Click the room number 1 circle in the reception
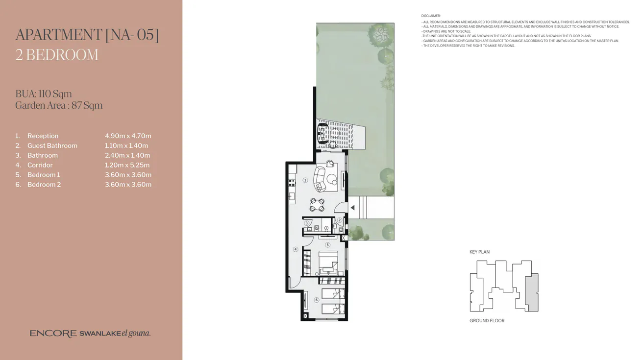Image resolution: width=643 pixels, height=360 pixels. (305, 180)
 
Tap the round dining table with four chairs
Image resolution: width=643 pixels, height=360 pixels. (317, 204)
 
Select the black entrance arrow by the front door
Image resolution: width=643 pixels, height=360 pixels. (352, 208)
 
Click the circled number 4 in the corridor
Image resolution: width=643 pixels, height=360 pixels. (296, 249)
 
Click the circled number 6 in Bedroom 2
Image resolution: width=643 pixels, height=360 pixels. (317, 300)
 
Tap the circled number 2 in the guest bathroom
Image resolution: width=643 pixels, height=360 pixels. (339, 220)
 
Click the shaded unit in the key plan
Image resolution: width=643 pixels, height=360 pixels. (531, 292)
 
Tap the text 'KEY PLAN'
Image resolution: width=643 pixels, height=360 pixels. (479, 252)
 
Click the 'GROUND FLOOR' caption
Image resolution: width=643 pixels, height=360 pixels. (487, 321)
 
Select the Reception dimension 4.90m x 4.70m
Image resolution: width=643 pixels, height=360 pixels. (128, 136)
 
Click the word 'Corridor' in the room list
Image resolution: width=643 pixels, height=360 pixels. (40, 165)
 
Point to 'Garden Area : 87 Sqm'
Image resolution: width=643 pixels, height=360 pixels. (59, 105)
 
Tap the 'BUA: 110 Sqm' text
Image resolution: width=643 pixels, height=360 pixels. (44, 94)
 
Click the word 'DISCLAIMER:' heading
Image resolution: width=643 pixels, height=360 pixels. (431, 16)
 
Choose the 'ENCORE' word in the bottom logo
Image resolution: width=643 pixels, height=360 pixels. (53, 334)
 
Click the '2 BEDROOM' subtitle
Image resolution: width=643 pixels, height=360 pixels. (57, 54)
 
